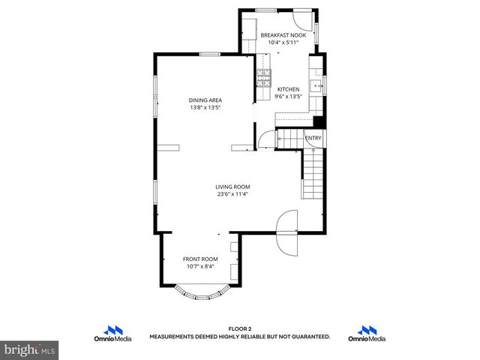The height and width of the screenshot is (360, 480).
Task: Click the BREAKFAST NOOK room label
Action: [283, 35]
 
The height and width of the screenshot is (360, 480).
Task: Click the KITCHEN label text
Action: [288, 89]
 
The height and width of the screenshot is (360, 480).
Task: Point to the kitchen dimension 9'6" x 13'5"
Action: [288, 97]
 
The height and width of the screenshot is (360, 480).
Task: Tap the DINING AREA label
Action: [205, 100]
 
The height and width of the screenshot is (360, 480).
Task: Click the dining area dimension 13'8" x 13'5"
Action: [205, 108]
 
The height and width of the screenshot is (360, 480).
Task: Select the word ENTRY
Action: [313, 138]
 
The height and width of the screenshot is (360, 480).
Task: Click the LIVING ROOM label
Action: [232, 187]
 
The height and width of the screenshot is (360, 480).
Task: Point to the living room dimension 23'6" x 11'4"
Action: [232, 194]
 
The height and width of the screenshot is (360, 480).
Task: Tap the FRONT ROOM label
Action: [200, 259]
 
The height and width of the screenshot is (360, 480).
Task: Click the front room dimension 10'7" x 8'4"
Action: [200, 266]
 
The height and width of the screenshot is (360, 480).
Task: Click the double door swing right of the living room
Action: [287, 232]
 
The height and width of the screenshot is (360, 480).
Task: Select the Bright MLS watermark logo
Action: [30, 349]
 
